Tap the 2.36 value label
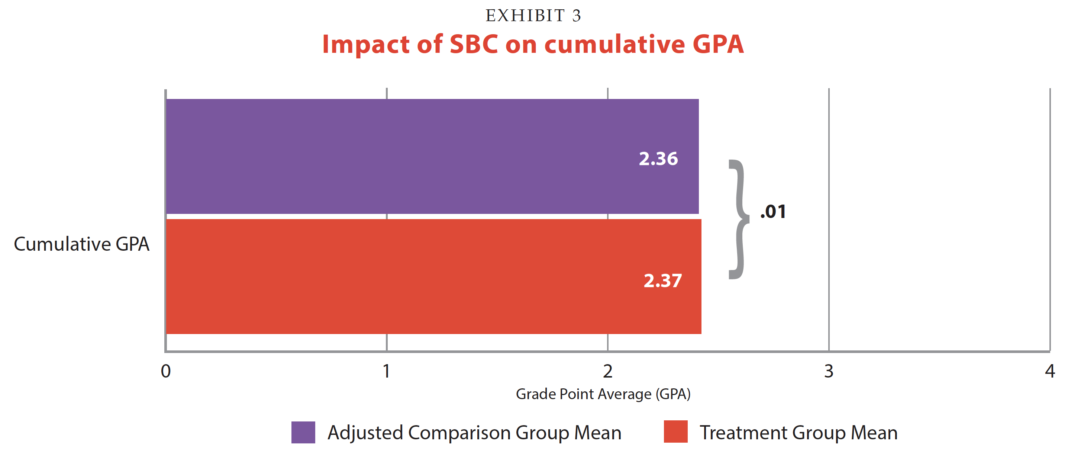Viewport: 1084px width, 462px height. point(658,159)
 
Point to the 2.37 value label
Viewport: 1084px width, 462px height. point(662,281)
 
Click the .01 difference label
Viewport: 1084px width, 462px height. point(773,211)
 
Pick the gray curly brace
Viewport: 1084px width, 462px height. point(739,219)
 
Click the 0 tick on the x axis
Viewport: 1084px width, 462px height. point(166,371)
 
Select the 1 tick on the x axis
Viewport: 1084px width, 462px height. point(386,371)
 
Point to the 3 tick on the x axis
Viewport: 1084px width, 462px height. point(829,371)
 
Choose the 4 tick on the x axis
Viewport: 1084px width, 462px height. point(1049,371)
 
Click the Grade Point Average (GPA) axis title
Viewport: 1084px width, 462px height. point(603,394)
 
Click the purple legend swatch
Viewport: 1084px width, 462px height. point(303,432)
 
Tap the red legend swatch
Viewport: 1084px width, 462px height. point(675,431)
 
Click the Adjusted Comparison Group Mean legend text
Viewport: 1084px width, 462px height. point(474,433)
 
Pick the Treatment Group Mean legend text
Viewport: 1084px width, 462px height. point(798,433)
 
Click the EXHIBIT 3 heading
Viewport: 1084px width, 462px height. point(533,16)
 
